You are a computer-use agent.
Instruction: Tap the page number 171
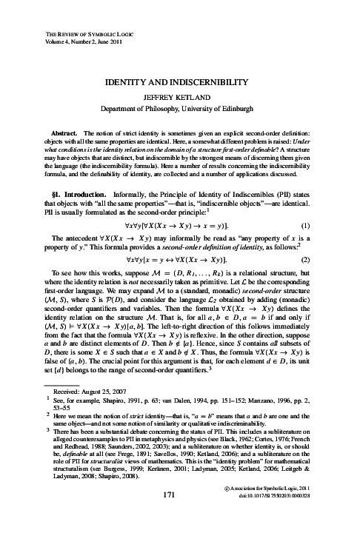[180, 511]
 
